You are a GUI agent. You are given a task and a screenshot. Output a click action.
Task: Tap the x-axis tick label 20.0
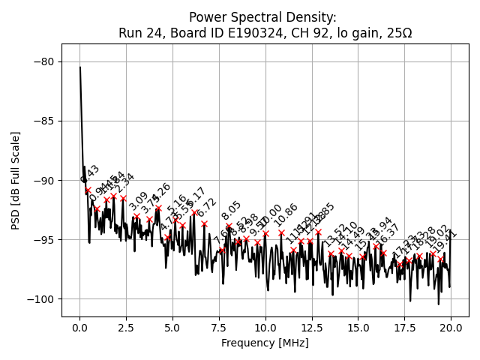pos(450,328)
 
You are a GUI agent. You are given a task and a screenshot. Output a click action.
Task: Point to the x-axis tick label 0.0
pos(79,328)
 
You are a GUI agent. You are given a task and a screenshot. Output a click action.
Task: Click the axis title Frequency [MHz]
pos(265,343)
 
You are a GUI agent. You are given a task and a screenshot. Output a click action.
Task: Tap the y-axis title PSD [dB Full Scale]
pos(16,180)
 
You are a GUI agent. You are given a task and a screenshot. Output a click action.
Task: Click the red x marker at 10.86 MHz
pos(281,232)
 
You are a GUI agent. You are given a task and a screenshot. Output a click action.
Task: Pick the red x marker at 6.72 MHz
pos(204,223)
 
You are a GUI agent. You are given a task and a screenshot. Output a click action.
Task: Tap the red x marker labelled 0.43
pos(88,190)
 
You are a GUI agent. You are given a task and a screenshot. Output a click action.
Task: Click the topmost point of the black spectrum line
pos(80,67)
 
